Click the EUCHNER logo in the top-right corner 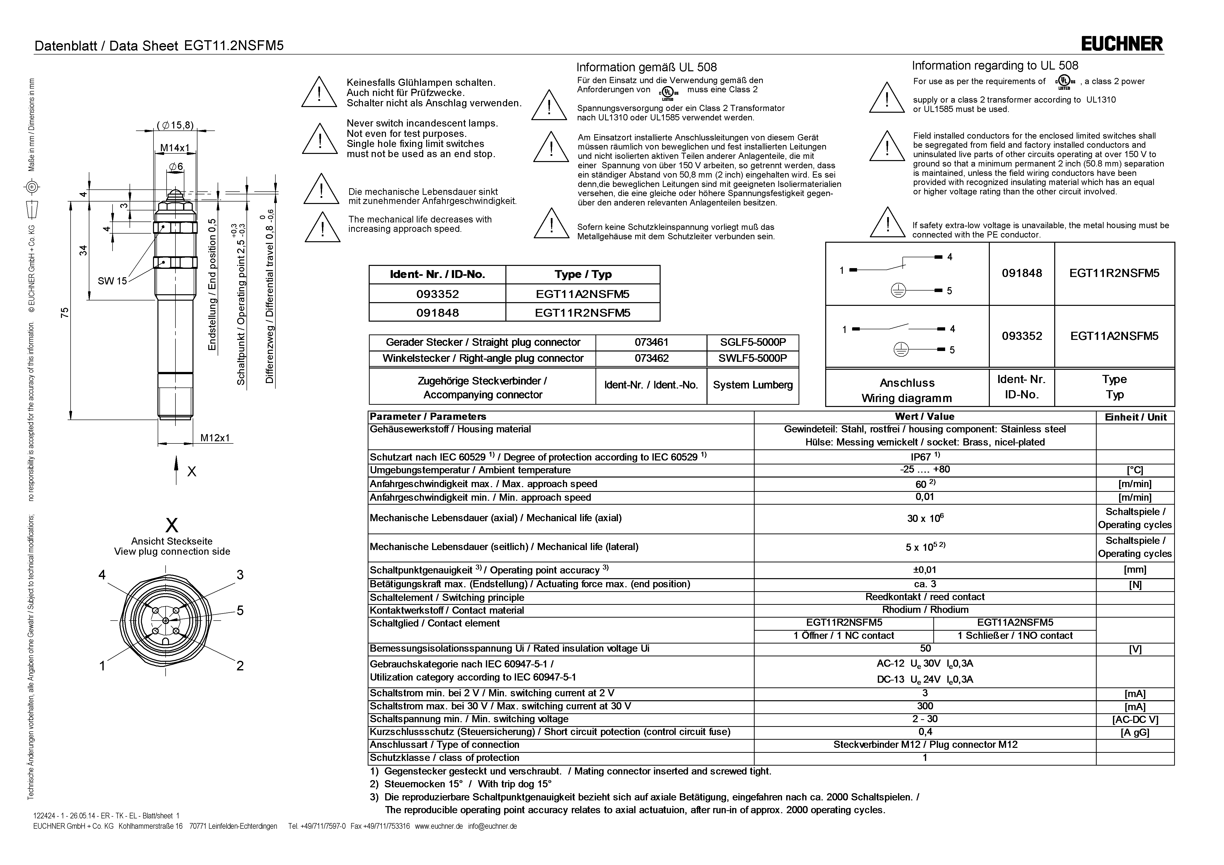1122,44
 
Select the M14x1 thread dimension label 175,148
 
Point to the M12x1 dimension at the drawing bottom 215,438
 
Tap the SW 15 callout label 112,281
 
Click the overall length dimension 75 65,312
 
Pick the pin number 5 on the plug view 240,610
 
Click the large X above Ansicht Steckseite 172,526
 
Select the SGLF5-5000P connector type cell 752,342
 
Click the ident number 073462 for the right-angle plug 651,358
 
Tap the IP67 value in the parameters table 925,457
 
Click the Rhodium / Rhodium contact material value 925,610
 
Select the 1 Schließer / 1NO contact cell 1014,635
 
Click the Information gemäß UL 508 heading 646,67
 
